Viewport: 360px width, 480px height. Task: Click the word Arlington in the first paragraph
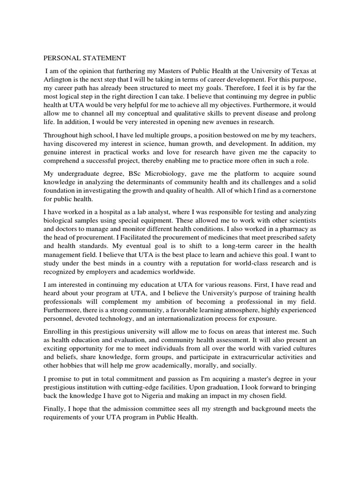[60, 79]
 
